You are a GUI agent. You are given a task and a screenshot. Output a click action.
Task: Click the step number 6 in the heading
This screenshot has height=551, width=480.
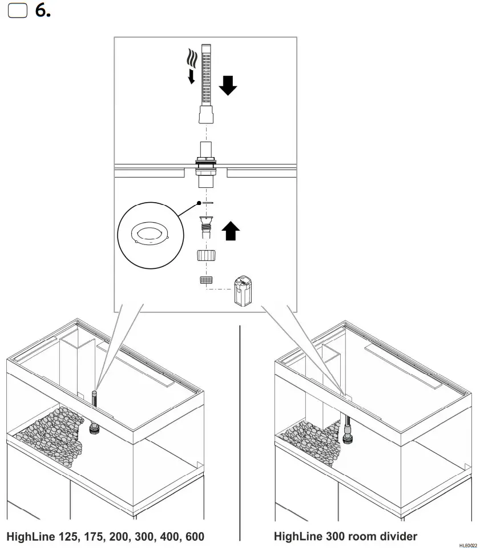click(x=42, y=11)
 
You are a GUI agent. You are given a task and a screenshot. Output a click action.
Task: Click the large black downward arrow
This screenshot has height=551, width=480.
click(x=228, y=86)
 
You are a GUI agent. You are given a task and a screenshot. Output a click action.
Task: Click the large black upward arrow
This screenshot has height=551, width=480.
click(x=230, y=231)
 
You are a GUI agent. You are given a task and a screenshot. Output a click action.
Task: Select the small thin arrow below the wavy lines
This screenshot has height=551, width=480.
click(x=191, y=77)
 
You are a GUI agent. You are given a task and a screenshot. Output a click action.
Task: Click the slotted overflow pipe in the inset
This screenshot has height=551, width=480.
click(x=206, y=74)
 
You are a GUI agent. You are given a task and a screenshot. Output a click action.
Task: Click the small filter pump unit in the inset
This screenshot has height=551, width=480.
click(x=242, y=291)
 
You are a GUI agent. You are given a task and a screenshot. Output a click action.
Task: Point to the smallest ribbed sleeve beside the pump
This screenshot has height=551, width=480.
click(x=205, y=280)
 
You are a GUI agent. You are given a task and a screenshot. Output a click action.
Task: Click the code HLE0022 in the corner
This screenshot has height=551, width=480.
click(x=467, y=545)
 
